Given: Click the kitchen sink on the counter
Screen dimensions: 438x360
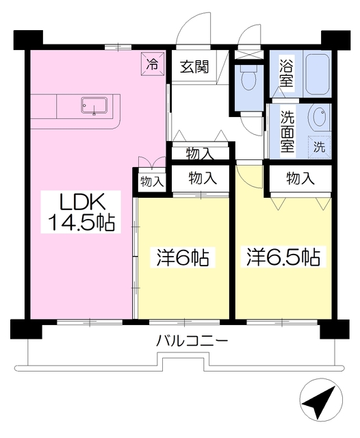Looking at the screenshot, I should tap(92, 106).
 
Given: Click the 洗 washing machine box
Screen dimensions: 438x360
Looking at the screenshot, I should tap(319, 145).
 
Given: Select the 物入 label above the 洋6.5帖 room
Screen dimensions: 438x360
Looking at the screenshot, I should tap(300, 179).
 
